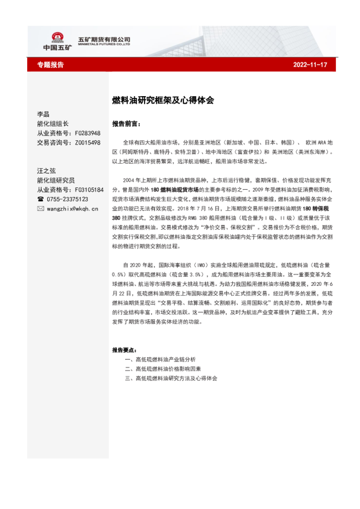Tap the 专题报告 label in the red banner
50,65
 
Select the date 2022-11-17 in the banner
310,65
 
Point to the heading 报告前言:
125,122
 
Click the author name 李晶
43,114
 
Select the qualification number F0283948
88,133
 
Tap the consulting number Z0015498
88,143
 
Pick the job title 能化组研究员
56,180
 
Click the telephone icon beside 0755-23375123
41,199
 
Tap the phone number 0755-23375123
67,199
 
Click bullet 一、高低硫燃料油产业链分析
160,359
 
